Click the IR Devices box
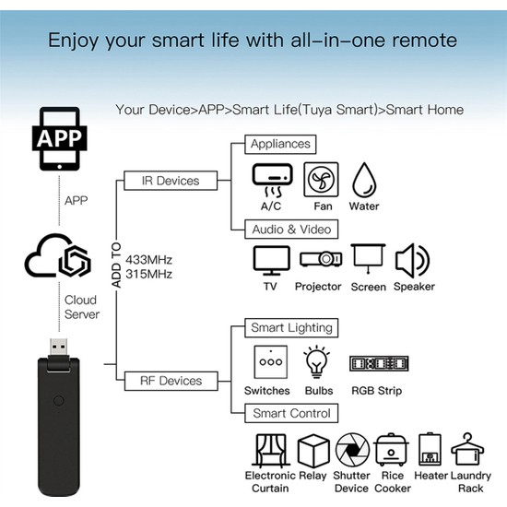tap(171, 181)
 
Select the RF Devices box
tap(171, 381)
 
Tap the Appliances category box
tap(280, 144)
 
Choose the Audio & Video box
tap(291, 230)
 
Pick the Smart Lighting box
tap(291, 328)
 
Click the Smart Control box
tap(291, 413)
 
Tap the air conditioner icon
tap(272, 180)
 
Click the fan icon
tap(321, 180)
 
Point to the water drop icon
tap(364, 180)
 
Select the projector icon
tap(321, 259)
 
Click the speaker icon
tap(413, 261)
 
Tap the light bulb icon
tap(316, 362)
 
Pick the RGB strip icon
tap(379, 363)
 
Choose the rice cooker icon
tap(391, 450)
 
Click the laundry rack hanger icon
tap(467, 449)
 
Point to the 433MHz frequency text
tap(148, 260)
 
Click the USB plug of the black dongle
tap(58, 348)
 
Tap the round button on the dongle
tap(58, 401)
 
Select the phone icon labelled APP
tap(60, 138)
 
